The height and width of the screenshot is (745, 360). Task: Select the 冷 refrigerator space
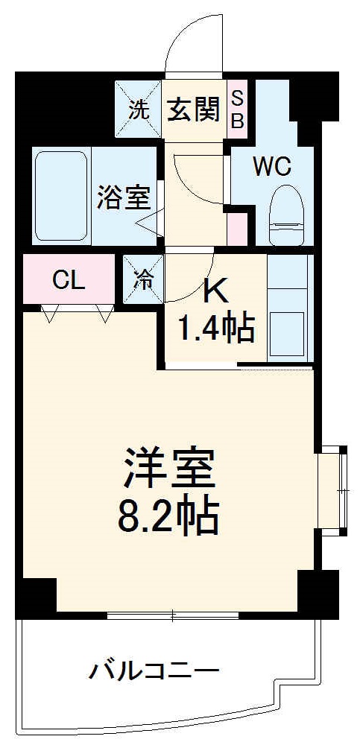coord(143,279)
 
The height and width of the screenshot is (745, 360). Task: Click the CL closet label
coord(69,281)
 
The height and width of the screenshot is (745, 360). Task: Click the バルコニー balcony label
coord(154,671)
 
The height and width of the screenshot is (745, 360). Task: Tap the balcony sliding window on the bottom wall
coord(173,615)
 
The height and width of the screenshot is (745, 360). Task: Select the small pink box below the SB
coord(237,228)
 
